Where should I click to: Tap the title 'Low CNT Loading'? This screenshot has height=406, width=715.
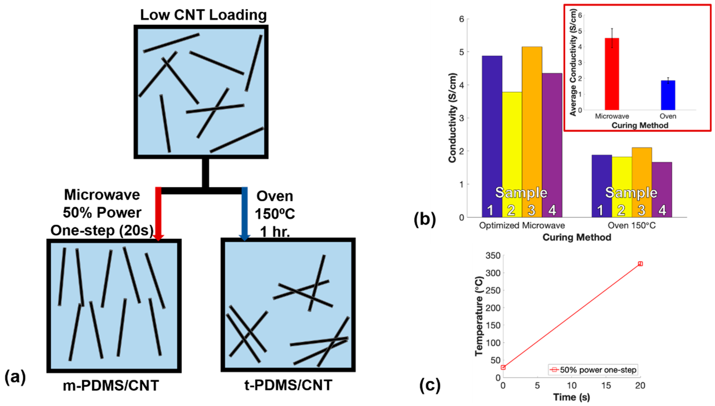click(x=203, y=15)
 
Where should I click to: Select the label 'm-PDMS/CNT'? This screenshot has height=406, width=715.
click(x=111, y=386)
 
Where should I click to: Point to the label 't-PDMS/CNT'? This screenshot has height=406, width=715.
click(x=288, y=385)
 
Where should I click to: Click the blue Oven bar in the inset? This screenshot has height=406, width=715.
click(x=668, y=95)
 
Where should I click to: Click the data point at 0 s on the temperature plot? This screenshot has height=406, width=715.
click(x=503, y=367)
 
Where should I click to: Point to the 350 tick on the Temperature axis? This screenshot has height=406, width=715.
click(x=493, y=256)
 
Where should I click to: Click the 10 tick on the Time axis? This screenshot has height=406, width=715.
click(x=571, y=386)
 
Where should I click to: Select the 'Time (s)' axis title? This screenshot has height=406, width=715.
click(x=571, y=397)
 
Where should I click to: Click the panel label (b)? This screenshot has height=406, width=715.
click(x=425, y=219)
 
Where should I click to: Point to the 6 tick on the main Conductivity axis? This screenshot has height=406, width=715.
click(x=461, y=19)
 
